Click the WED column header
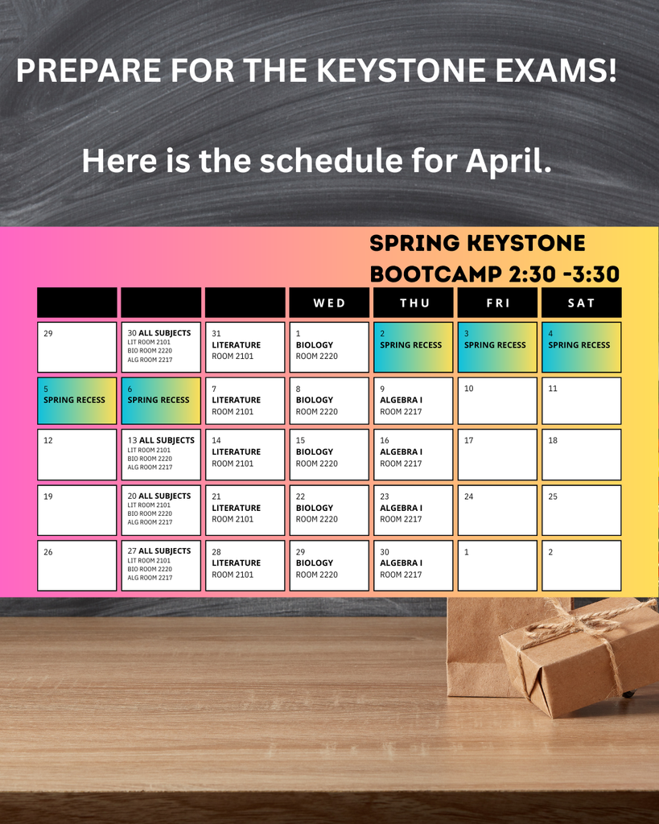pyautogui.click(x=329, y=303)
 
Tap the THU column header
pyautogui.click(x=414, y=303)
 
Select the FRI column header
pyautogui.click(x=497, y=303)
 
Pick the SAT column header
pyautogui.click(x=581, y=303)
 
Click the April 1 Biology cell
pyautogui.click(x=329, y=347)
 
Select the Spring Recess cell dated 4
pyautogui.click(x=581, y=347)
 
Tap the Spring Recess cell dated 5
pyautogui.click(x=77, y=401)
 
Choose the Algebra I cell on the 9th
pyautogui.click(x=414, y=401)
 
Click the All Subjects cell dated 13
pyautogui.click(x=161, y=455)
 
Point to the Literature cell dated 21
pyautogui.click(x=245, y=510)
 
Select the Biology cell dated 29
pyautogui.click(x=329, y=565)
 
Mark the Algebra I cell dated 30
pyautogui.click(x=414, y=565)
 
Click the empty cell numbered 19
pyautogui.click(x=77, y=510)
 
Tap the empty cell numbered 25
pyautogui.click(x=581, y=510)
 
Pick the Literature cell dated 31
pyautogui.click(x=245, y=347)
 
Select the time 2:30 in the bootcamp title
pyautogui.click(x=534, y=274)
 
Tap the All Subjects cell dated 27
pyautogui.click(x=161, y=565)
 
